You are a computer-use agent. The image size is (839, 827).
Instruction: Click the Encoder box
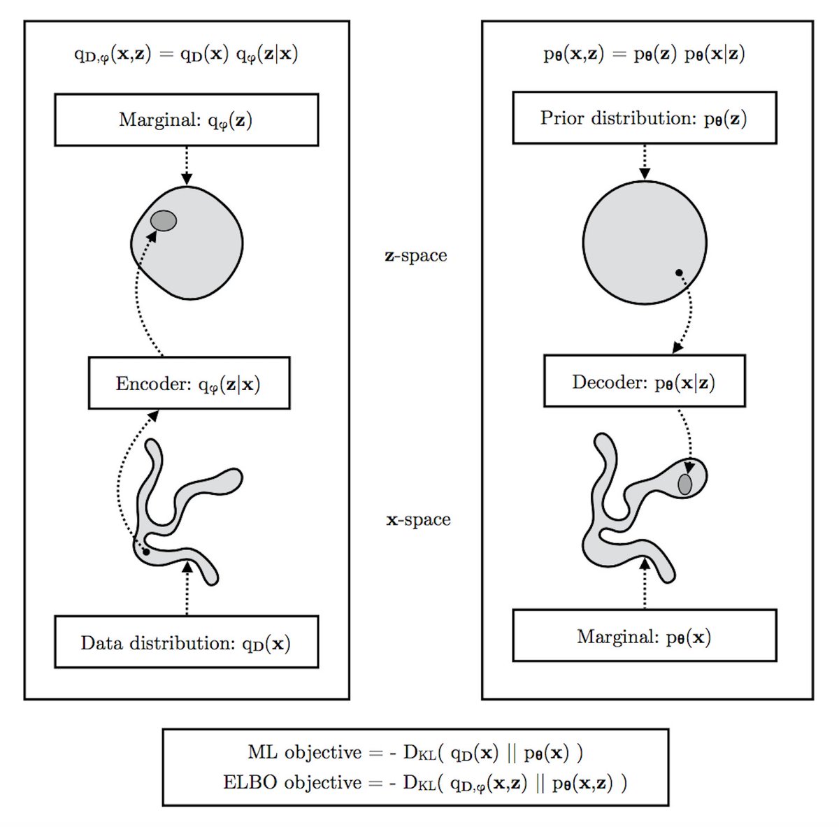(189, 383)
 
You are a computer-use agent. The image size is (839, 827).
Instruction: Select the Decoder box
(644, 381)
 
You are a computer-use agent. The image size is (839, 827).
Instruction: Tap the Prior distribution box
(644, 117)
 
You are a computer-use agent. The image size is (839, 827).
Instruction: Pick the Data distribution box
(186, 642)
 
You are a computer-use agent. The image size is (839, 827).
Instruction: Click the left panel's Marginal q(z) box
(186, 120)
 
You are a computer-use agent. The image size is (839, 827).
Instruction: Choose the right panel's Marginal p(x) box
(644, 635)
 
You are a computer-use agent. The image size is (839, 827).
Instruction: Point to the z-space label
(416, 255)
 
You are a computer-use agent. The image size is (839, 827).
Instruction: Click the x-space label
(418, 519)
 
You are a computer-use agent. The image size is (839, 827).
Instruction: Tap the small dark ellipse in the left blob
(164, 221)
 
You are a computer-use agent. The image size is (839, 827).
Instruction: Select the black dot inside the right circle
(678, 272)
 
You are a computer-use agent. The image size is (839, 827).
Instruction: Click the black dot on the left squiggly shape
(145, 552)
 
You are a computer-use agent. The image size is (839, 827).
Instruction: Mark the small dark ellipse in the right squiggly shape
(685, 484)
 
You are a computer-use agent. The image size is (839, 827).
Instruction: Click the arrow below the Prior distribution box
(645, 162)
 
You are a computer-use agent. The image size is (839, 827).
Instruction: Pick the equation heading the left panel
(186, 55)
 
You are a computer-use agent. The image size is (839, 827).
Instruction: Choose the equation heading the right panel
(644, 55)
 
